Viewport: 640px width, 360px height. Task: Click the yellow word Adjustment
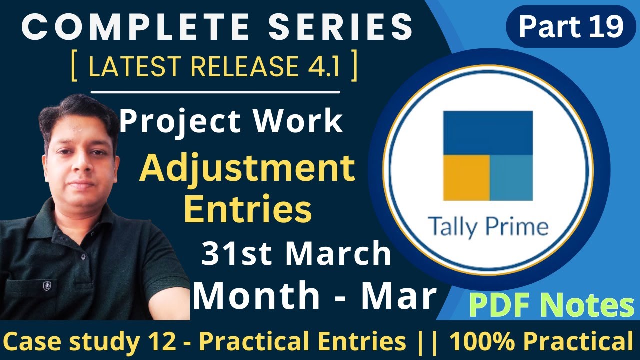pyautogui.click(x=247, y=169)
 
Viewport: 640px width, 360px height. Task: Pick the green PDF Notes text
pyautogui.click(x=551, y=306)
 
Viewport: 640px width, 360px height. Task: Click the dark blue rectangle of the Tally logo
pyautogui.click(x=488, y=132)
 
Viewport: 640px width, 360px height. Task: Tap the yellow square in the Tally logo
pyautogui.click(x=466, y=177)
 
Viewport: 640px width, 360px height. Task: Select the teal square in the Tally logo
pyautogui.click(x=511, y=177)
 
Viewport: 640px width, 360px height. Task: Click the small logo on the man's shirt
pyautogui.click(x=47, y=287)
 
